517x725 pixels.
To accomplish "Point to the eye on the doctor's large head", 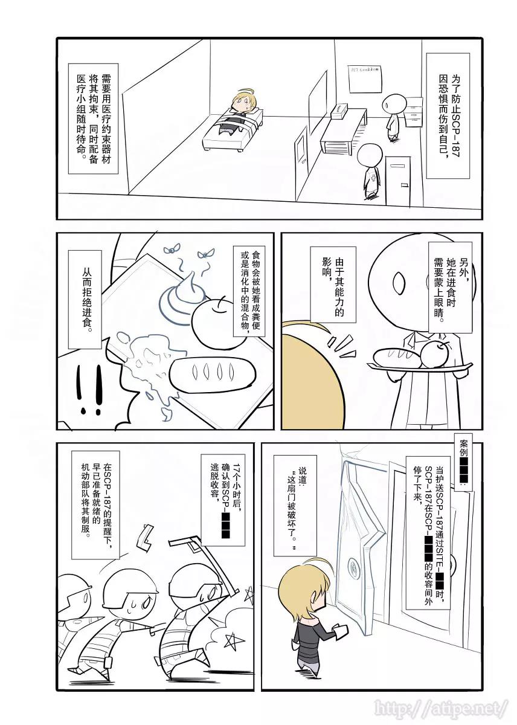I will click(399, 281).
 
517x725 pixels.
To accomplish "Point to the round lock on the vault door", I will click(352, 568).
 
